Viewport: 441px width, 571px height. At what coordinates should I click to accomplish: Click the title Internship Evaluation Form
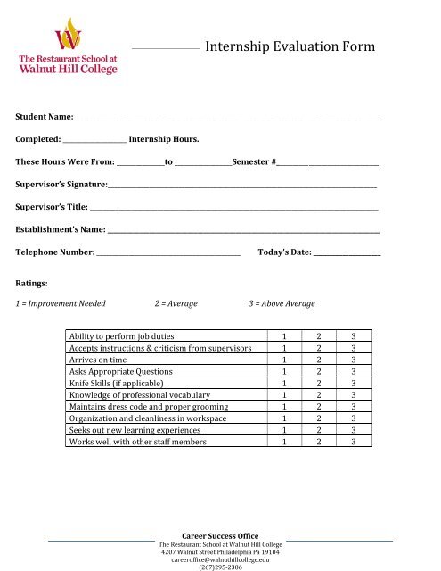[x=290, y=47]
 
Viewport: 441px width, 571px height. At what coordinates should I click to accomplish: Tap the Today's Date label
[x=284, y=252]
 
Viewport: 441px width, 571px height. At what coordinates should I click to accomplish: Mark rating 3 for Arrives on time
[x=354, y=360]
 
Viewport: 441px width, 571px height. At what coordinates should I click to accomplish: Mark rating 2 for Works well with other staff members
[x=319, y=442]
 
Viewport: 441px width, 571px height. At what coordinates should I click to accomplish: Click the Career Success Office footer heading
[x=220, y=535]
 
